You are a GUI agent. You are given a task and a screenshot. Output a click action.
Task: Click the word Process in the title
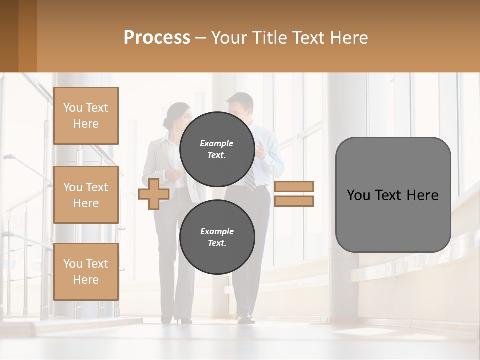[157, 38]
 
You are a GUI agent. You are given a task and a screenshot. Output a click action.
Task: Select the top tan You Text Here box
[86, 116]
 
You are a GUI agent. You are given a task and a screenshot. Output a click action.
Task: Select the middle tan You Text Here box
[86, 195]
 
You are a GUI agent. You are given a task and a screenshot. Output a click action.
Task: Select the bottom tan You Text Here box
[86, 271]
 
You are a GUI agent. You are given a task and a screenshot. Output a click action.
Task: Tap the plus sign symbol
[153, 194]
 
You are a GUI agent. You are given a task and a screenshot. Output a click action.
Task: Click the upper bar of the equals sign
[294, 186]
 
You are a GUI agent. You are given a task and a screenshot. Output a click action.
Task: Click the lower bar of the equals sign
[294, 201]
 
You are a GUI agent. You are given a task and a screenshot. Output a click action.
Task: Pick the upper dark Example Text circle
[217, 149]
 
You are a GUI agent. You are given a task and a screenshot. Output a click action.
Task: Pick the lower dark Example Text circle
[217, 237]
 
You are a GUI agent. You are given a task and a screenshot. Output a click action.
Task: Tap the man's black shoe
[245, 318]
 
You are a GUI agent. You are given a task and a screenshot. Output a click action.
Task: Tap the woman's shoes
[183, 319]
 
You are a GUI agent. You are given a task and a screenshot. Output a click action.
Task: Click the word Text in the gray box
[392, 195]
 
